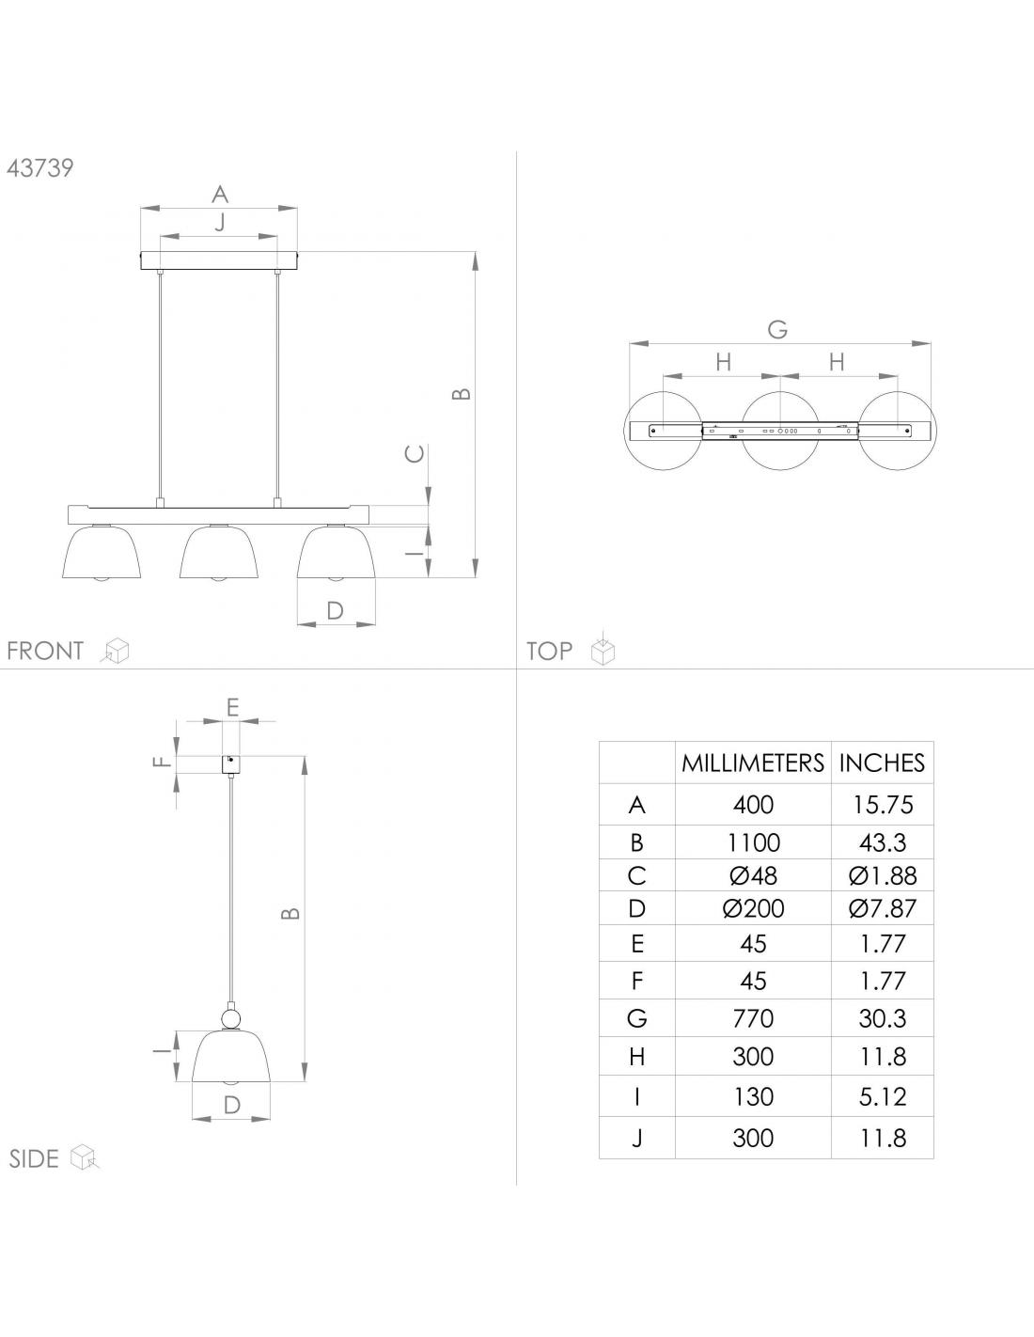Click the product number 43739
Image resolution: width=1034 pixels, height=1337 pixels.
[x=40, y=168]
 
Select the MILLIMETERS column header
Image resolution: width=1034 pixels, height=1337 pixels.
[x=752, y=763]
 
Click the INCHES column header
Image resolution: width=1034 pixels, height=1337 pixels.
[x=882, y=763]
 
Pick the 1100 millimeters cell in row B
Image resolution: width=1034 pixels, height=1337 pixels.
[x=753, y=842]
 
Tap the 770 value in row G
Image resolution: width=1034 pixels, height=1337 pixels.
[x=753, y=1018]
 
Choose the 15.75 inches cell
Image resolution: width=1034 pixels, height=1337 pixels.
[x=883, y=805]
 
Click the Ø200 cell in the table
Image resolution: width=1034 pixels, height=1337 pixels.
[x=753, y=908]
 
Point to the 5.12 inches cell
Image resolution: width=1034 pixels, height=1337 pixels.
[x=883, y=1096]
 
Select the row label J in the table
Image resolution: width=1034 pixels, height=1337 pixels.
[x=637, y=1139]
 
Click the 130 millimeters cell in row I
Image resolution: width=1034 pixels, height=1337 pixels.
[x=753, y=1096]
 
